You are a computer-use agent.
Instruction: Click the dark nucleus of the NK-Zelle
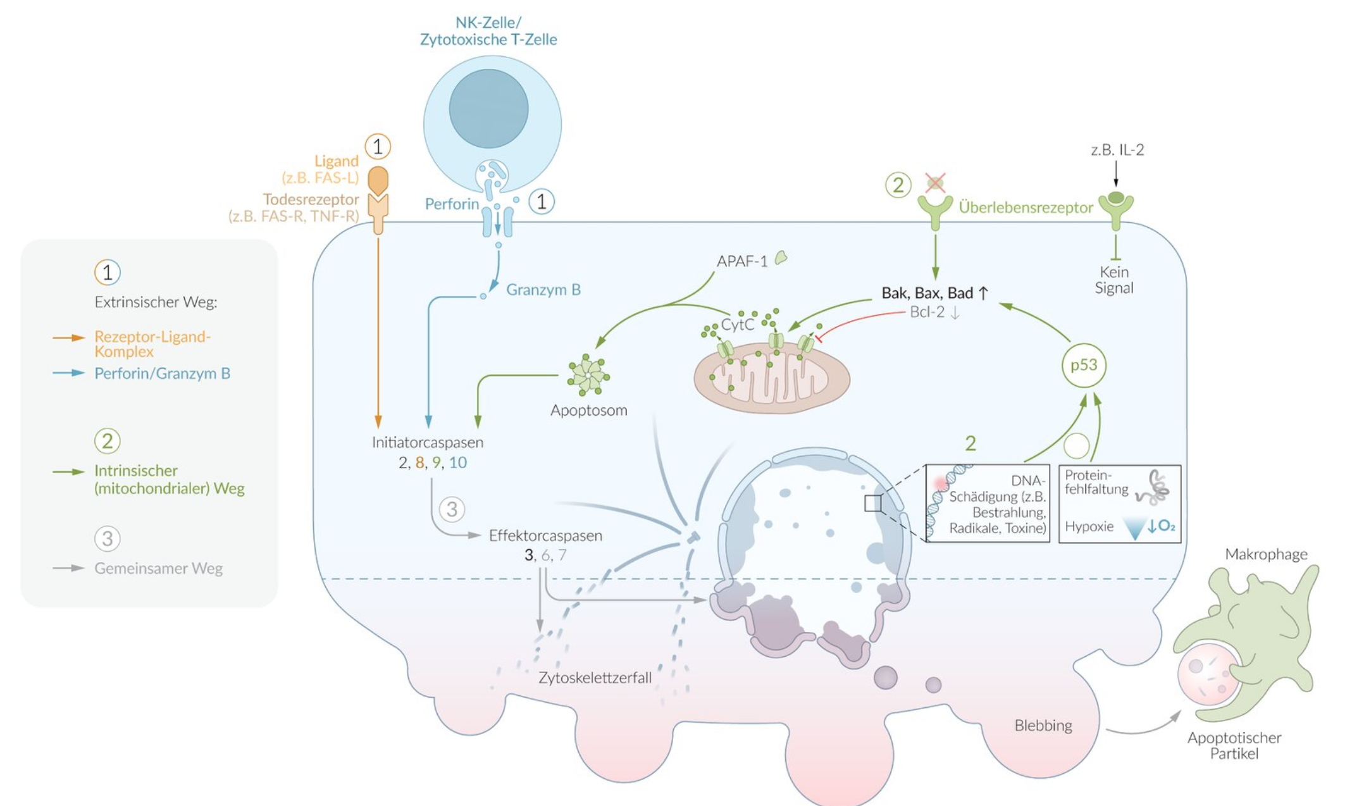tap(488, 109)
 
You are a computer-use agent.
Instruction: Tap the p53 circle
tap(1083, 365)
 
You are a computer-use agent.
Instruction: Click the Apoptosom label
tap(588, 410)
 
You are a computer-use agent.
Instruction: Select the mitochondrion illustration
tap(771, 378)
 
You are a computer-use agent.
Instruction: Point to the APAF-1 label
tap(741, 261)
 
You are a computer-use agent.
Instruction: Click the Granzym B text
tap(543, 290)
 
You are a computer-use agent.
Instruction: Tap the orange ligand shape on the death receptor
tap(378, 180)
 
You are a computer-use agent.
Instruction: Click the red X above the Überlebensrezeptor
tap(935, 183)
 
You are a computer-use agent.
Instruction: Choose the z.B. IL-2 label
tap(1117, 150)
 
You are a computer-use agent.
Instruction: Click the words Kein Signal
tap(1114, 280)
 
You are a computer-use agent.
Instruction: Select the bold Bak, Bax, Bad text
tap(927, 293)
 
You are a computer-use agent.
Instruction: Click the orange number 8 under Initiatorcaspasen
tap(419, 462)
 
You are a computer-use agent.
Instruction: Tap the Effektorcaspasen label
tap(545, 535)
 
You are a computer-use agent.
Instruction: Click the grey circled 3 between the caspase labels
tap(452, 509)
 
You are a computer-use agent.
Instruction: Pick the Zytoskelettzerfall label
tap(595, 678)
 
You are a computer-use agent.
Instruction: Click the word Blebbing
tap(1043, 726)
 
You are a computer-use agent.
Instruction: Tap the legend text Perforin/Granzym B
tap(162, 373)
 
